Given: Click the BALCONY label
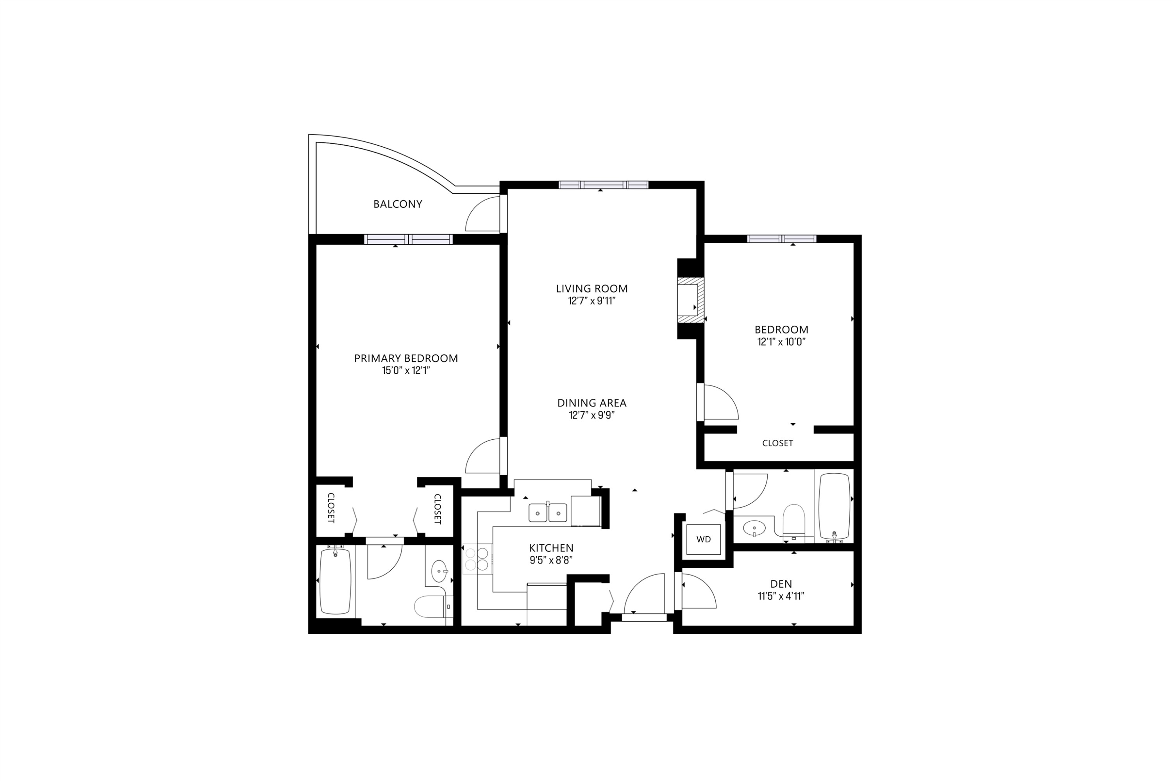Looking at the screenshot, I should (x=398, y=204).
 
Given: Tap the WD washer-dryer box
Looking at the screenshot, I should (x=703, y=539).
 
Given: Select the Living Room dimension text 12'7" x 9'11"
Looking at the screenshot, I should (x=591, y=301).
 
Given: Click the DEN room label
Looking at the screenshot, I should (x=781, y=584).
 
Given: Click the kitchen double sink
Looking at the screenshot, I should (x=548, y=512).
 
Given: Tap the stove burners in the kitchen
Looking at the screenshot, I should (x=477, y=559).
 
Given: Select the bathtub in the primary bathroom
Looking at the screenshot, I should (x=335, y=581).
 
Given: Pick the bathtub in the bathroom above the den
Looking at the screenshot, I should (x=834, y=506).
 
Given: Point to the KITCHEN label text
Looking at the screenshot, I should (x=551, y=548).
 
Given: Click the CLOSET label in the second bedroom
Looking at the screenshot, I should (x=777, y=443).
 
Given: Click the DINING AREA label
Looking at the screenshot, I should (x=591, y=403).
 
